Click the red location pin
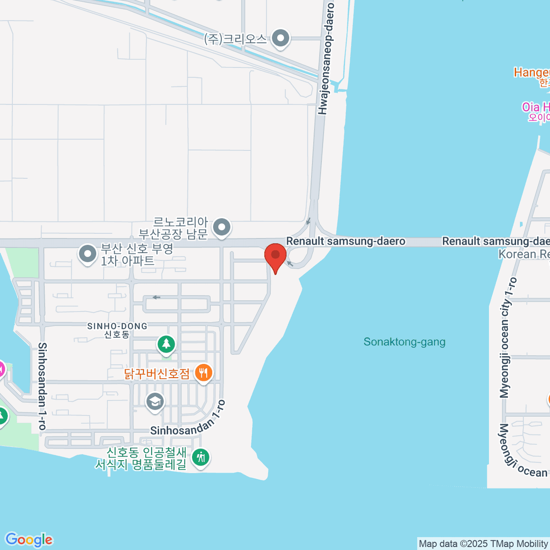[275, 256]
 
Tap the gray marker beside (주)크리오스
[280, 39]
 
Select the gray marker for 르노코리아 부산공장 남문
[222, 227]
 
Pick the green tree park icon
[166, 344]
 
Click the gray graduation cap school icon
[155, 402]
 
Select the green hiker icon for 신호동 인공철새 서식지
[200, 457]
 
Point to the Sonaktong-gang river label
[404, 342]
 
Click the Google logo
[29, 539]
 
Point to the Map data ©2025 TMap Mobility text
[483, 544]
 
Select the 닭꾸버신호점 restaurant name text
[157, 374]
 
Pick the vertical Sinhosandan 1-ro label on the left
[42, 386]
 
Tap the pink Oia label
[535, 108]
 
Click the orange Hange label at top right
[532, 72]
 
